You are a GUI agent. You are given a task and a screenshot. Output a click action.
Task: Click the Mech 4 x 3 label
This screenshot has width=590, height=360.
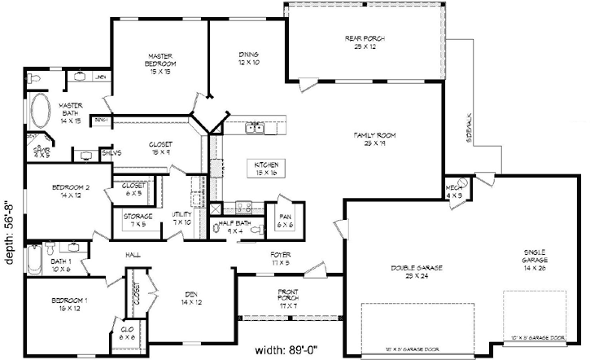[x=454, y=191]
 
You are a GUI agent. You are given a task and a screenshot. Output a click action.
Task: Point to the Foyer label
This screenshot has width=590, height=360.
[x=281, y=259]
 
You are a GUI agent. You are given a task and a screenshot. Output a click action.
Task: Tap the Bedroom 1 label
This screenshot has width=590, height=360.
[x=63, y=305]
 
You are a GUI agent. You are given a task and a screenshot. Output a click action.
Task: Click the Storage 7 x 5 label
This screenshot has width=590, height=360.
[x=133, y=220]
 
